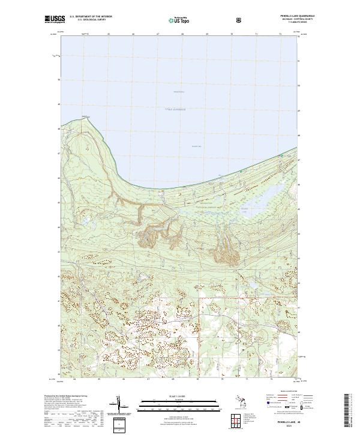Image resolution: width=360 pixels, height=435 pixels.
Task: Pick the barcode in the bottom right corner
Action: point(350,410)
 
